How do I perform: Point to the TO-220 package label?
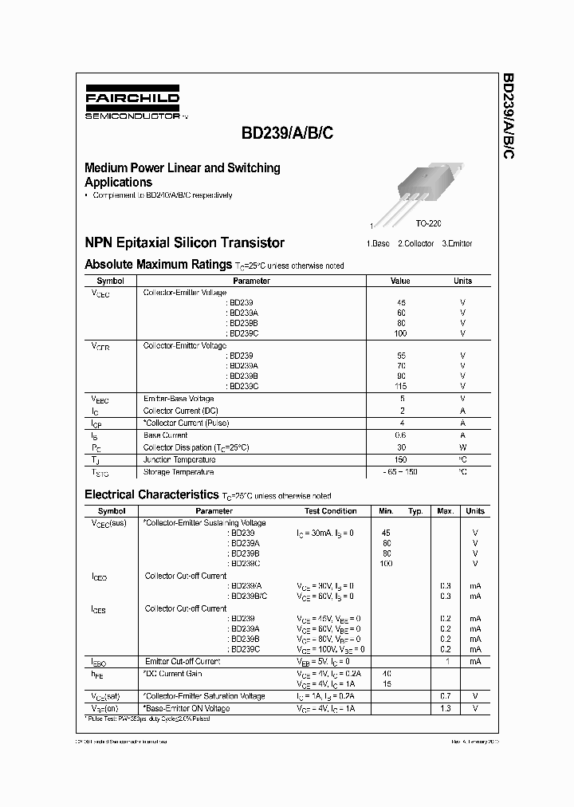[428, 226]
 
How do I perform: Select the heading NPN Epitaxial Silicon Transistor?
[184, 242]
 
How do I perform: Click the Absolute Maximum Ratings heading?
[158, 264]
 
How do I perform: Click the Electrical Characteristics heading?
[151, 494]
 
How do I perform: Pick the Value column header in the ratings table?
[400, 281]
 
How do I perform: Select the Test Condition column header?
[330, 511]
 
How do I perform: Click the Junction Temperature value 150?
[400, 460]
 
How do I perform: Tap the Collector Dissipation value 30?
[400, 448]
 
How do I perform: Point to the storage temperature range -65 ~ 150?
[400, 472]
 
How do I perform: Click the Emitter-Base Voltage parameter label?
[178, 398]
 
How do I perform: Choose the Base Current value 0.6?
[400, 435]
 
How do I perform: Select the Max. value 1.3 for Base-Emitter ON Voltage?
[446, 708]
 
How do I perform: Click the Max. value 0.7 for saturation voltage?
[446, 696]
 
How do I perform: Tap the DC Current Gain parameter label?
[173, 673]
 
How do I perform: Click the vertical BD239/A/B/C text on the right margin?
[508, 116]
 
